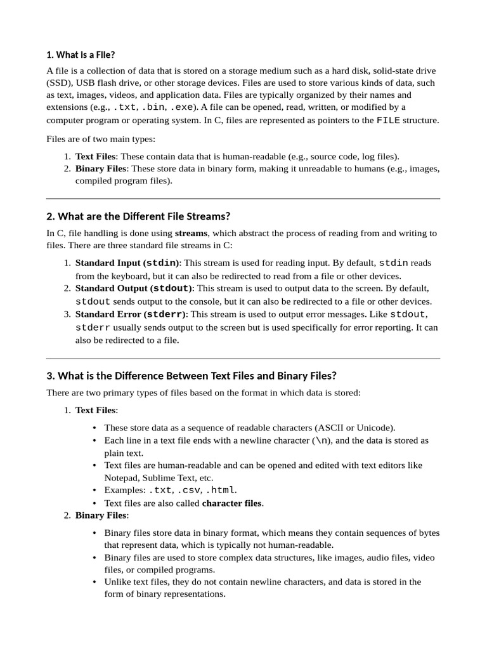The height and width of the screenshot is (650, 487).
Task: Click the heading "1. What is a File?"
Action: pos(81,55)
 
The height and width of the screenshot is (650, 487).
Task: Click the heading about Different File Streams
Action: pos(138,216)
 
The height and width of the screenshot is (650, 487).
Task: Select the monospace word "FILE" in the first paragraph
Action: pos(388,120)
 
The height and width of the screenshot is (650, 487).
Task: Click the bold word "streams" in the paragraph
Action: pos(191,233)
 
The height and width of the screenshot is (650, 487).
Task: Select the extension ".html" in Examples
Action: pos(220,490)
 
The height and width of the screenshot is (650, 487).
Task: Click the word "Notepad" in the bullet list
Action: pos(122,477)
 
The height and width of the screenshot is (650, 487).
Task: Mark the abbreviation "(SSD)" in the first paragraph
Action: pos(59,83)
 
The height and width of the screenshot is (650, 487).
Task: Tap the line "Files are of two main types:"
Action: pos(100,138)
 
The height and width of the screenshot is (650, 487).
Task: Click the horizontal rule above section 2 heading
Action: pos(243,199)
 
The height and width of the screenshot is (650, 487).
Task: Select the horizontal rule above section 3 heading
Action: pos(243,359)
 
